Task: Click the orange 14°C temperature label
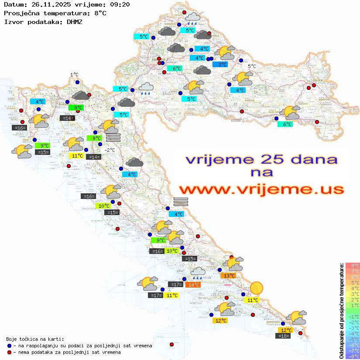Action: (192, 285)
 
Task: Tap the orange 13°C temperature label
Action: (229, 275)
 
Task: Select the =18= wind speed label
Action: (284, 336)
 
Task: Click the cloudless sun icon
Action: (257, 288)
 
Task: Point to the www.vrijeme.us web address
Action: (261, 189)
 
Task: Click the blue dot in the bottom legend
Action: (9, 346)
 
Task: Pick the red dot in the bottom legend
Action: (9, 352)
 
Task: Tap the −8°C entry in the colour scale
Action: (352, 356)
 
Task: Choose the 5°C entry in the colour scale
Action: (352, 282)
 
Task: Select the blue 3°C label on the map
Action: (223, 65)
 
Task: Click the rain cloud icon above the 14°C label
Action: (198, 273)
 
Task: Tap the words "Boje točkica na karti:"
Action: (35, 339)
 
